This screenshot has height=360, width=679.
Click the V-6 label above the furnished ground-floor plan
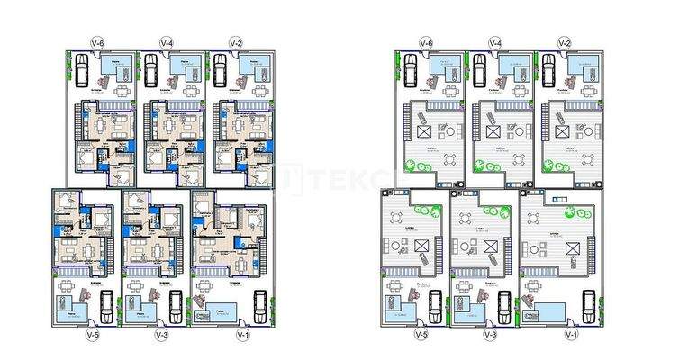tap(98, 42)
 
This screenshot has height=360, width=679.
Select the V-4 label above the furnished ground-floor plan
tap(167, 42)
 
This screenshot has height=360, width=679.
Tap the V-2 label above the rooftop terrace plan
tap(565, 42)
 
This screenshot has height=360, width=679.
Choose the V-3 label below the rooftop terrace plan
tap(491, 335)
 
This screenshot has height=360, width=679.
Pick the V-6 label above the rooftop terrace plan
tap(427, 42)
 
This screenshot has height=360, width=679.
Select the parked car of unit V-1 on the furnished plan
tap(258, 305)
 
